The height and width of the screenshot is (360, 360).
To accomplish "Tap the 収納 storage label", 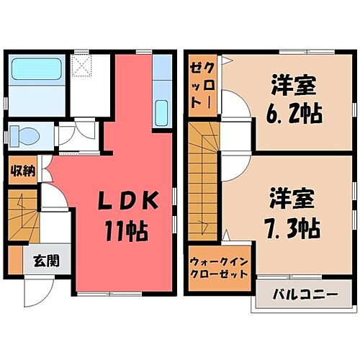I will (x=23, y=171).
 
